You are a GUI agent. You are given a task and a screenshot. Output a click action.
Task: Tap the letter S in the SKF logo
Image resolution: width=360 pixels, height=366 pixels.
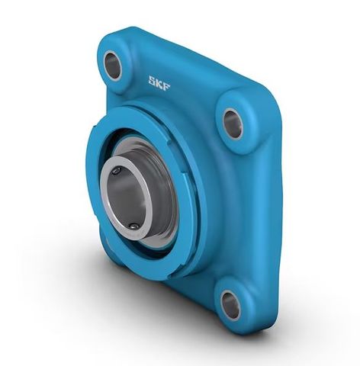tap(153, 79)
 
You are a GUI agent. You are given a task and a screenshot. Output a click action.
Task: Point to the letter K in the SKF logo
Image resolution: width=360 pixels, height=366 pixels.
tap(159, 82)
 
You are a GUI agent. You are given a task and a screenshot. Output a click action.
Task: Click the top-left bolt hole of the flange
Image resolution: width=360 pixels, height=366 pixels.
tap(113, 66)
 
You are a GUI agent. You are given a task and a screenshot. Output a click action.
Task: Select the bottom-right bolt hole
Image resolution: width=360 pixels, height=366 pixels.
tap(230, 304)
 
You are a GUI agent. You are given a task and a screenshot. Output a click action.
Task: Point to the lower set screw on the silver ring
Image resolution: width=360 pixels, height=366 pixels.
tap(134, 226)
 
